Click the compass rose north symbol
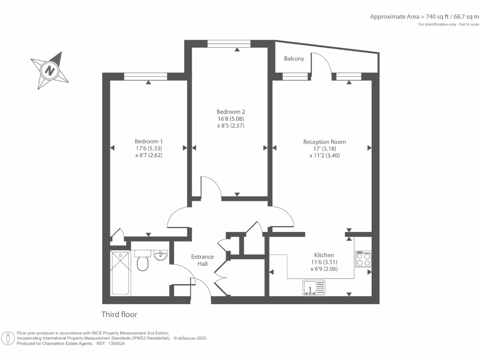pos(49,71)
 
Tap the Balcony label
pos(294,59)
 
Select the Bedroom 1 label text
pos(149,141)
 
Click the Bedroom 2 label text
pos(231,112)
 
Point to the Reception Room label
pos(324,142)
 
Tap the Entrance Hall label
pos(202,260)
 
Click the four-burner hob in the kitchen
pos(363,259)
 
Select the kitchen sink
pos(314,287)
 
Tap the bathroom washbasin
pos(160,255)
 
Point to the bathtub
pos(120,273)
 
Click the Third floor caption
pos(120,315)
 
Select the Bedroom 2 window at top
pos(229,44)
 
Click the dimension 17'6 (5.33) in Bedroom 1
pos(149,148)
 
